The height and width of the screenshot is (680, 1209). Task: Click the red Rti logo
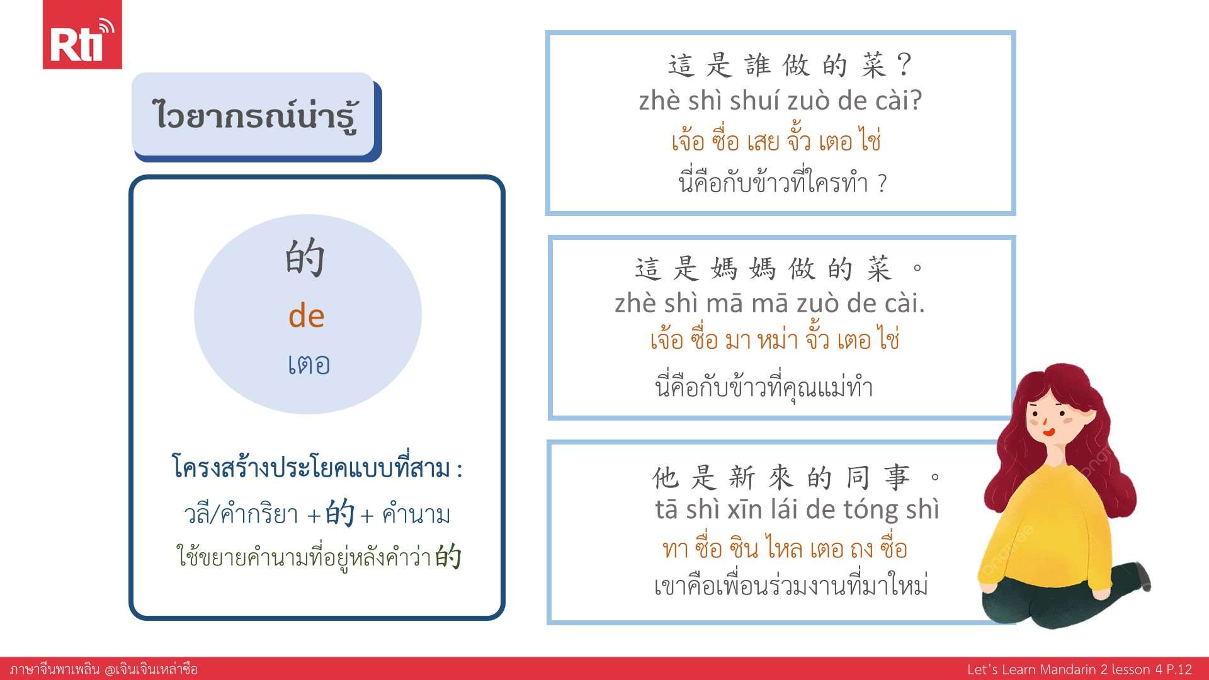[82, 35]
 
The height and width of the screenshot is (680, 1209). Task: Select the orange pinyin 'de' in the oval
[307, 316]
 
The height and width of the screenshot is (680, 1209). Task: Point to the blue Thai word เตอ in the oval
[309, 365]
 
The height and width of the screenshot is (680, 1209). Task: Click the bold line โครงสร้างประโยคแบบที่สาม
[312, 468]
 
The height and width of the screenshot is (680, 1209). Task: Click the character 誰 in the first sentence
[758, 65]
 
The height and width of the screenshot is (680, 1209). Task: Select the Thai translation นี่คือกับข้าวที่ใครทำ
[773, 183]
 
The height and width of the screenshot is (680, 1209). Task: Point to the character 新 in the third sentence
[742, 478]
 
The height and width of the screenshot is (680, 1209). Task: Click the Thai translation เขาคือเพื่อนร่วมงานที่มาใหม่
[792, 586]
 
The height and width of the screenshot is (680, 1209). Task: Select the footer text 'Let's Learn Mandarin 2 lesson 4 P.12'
[1079, 669]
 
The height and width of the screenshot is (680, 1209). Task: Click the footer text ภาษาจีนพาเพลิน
[55, 669]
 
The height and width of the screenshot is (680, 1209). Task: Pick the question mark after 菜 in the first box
[904, 64]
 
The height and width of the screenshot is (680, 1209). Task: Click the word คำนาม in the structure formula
[416, 514]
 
